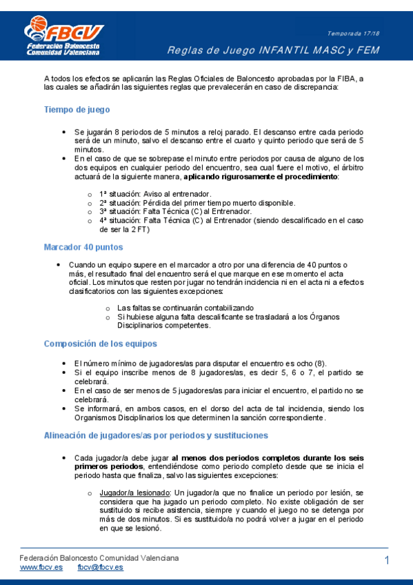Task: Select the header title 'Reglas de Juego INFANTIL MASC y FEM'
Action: coord(283,50)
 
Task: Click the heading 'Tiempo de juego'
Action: coord(77,110)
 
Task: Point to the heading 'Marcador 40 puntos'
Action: coord(83,246)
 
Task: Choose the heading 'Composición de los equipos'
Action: coord(101,344)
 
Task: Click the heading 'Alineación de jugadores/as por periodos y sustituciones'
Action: coord(156,435)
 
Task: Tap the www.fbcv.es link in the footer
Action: coord(41,567)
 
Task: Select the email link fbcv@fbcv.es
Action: coord(100,567)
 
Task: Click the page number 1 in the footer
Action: coord(387,561)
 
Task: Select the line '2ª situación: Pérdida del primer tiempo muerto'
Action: coord(197,203)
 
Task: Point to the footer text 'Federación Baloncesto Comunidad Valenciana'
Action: coord(99,557)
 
